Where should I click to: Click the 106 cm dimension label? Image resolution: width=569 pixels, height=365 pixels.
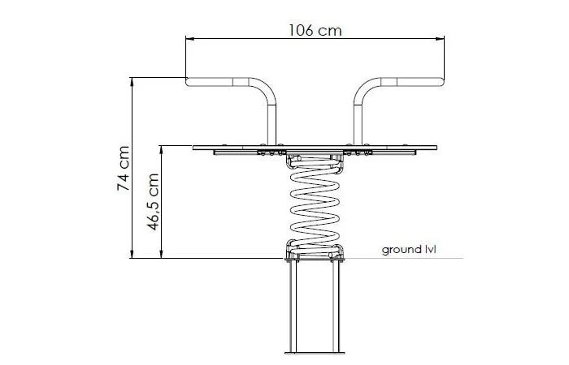(315, 31)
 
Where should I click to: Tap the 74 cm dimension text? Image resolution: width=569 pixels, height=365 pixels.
(124, 169)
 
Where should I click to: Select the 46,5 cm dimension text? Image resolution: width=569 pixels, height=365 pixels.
(153, 202)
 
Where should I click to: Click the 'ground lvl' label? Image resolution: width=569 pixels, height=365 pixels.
(409, 250)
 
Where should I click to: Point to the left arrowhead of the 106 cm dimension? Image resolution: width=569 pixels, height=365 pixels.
(189, 38)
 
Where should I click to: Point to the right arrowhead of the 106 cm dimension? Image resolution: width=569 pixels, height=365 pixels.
(440, 38)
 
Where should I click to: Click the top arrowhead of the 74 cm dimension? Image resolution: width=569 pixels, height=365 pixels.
(132, 81)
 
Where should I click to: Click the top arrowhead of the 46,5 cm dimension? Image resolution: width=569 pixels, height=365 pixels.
(162, 149)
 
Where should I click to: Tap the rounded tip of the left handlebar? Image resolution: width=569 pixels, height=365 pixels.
(188, 82)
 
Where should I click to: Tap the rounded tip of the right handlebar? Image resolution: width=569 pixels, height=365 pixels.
(441, 82)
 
